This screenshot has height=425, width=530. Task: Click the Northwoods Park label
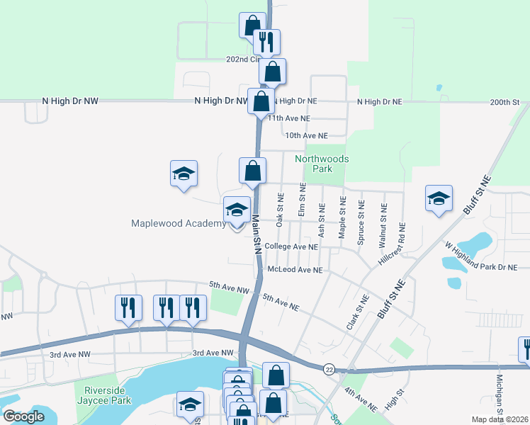(x=322, y=164)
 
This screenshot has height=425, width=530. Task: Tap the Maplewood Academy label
(x=178, y=223)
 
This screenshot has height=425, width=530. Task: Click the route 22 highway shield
(x=329, y=369)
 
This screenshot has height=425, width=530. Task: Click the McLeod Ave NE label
(x=295, y=270)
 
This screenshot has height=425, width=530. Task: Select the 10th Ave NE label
(x=306, y=135)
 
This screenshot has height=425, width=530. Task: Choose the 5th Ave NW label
(x=229, y=288)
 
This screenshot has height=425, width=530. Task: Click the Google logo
(x=24, y=416)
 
